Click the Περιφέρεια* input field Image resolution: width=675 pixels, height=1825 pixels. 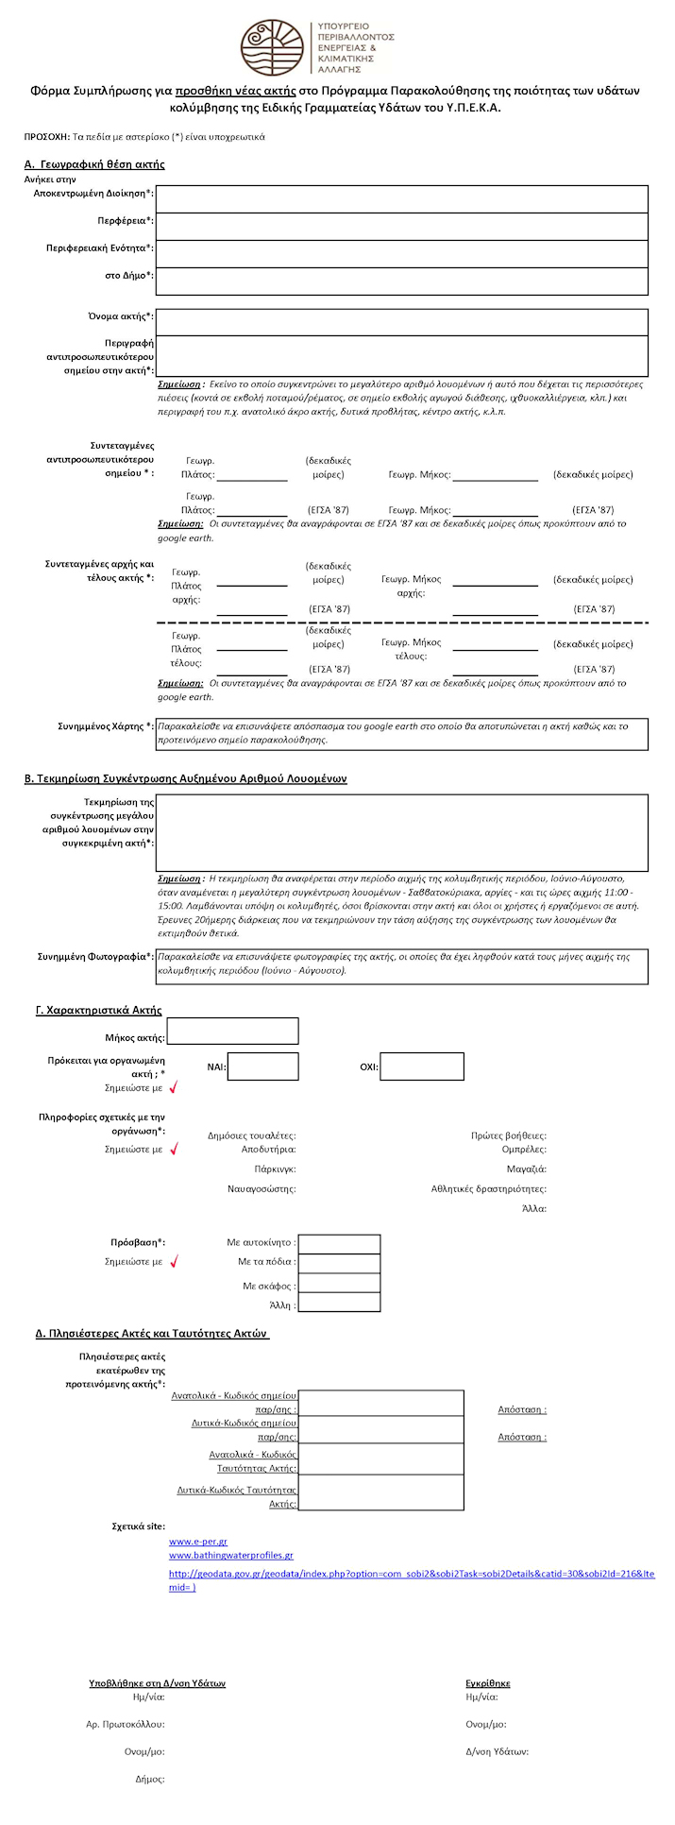click(x=402, y=227)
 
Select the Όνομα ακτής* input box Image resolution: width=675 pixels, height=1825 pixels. click(x=402, y=322)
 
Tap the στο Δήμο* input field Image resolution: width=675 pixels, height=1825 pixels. click(x=402, y=281)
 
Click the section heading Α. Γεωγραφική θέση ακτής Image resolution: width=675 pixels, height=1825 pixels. click(x=94, y=164)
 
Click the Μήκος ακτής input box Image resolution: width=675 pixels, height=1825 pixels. click(x=232, y=1032)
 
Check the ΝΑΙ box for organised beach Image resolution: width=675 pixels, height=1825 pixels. click(x=262, y=1066)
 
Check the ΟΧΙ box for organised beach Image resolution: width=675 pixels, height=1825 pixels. click(x=422, y=1066)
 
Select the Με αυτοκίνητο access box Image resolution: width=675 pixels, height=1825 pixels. click(x=339, y=1244)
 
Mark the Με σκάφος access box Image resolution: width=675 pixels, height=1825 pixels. click(x=339, y=1285)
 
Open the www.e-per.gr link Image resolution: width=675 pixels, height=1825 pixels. click(x=198, y=1542)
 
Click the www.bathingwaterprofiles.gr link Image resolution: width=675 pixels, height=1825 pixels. click(x=231, y=1555)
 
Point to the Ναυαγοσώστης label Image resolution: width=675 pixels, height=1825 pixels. click(x=262, y=1188)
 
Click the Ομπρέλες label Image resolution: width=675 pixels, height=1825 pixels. click(x=524, y=1150)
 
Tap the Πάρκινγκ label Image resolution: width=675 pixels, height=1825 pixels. click(x=275, y=1169)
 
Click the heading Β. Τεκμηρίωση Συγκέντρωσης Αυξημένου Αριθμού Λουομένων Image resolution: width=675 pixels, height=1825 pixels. click(x=185, y=779)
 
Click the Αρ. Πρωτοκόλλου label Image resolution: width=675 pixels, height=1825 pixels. click(x=126, y=1725)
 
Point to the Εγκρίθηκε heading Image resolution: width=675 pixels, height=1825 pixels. click(x=488, y=1683)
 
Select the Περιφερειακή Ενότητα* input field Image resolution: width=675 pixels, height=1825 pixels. click(x=402, y=254)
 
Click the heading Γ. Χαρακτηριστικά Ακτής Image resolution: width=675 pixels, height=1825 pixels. click(x=98, y=1011)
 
